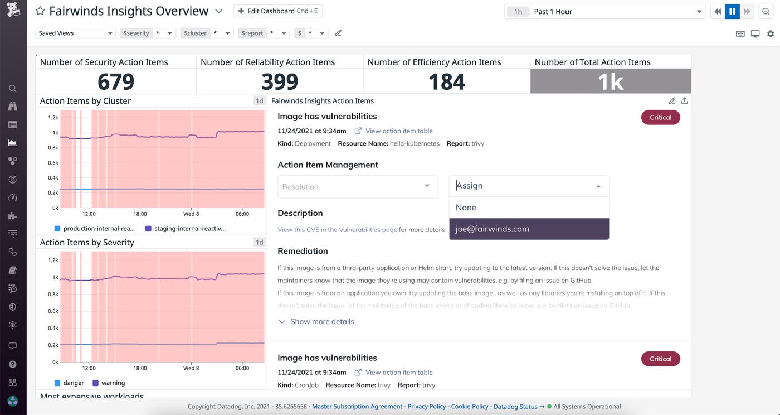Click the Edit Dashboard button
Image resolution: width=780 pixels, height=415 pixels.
click(277, 11)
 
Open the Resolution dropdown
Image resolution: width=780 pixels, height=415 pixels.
click(357, 186)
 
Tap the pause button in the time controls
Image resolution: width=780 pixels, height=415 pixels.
click(732, 11)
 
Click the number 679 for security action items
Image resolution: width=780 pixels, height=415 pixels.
click(116, 82)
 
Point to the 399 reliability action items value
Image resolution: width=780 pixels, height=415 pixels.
click(280, 82)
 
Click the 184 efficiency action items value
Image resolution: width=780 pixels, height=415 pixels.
click(446, 82)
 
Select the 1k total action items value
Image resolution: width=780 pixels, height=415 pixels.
click(610, 82)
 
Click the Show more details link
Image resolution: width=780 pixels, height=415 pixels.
click(321, 321)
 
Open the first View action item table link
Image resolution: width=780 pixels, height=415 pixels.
click(398, 131)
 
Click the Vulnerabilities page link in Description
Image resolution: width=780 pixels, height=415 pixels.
click(337, 229)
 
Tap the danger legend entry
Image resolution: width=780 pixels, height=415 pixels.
click(73, 383)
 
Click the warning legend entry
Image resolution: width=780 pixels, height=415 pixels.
click(112, 383)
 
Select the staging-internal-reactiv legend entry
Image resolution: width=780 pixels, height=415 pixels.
click(189, 229)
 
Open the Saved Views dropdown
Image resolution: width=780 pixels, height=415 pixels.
click(75, 33)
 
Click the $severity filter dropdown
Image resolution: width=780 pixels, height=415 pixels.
click(148, 33)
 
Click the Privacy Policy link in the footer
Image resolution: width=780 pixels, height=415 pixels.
click(426, 407)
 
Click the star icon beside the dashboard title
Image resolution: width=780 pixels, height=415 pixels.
click(40, 11)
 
